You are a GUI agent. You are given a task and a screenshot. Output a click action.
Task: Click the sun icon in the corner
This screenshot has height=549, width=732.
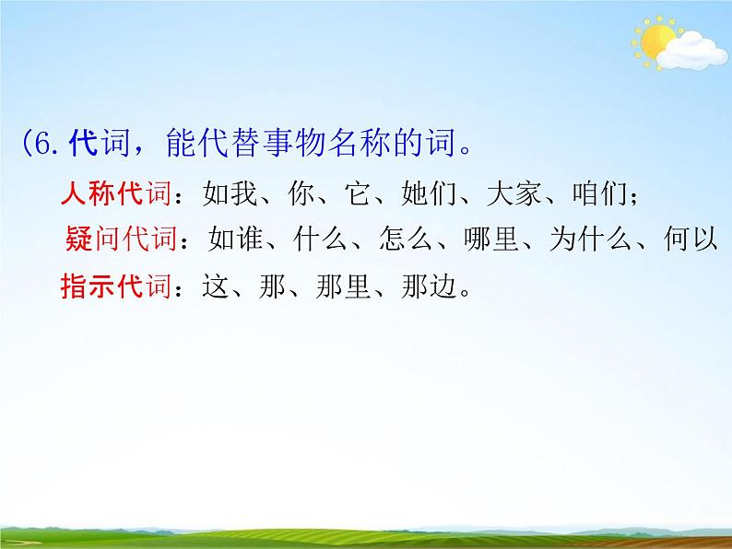pyautogui.click(x=656, y=41)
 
